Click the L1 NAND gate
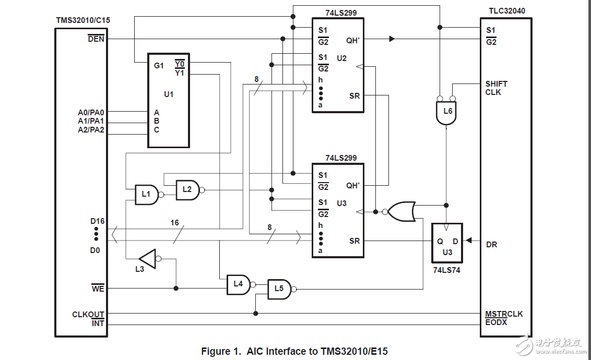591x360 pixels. [x=147, y=195]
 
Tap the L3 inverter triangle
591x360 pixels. [x=148, y=258]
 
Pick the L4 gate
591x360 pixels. [x=239, y=284]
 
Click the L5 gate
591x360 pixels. [x=279, y=289]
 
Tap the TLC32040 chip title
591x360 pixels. [x=506, y=11]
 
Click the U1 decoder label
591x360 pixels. [x=168, y=94]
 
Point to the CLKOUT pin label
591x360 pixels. [x=88, y=315]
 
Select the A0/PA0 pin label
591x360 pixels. [x=91, y=112]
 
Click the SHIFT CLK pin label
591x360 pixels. [x=496, y=88]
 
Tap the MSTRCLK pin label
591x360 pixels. [x=504, y=314]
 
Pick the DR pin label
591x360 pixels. [x=491, y=244]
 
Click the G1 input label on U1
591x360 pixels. [x=159, y=66]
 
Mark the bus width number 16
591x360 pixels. [x=174, y=223]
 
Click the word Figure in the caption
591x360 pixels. [x=216, y=351]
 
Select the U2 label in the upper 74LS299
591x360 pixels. [x=341, y=58]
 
